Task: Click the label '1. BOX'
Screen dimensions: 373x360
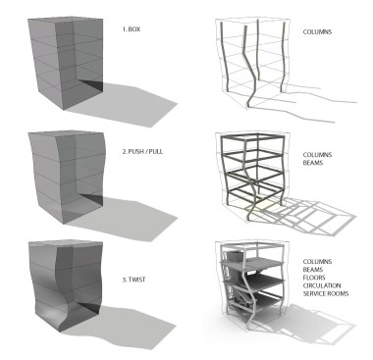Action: (132, 29)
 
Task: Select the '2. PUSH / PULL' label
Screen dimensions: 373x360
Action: (142, 152)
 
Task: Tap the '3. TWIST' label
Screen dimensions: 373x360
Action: (133, 280)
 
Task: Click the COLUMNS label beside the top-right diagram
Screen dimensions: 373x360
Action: (317, 32)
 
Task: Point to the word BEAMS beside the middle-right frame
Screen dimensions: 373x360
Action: (313, 163)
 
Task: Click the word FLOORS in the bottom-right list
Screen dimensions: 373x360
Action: (314, 278)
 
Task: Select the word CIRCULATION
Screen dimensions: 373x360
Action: (322, 285)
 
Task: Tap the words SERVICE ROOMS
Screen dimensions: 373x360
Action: (326, 293)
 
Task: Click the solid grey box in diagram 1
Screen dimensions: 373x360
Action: (65, 62)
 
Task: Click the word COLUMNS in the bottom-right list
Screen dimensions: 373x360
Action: (317, 262)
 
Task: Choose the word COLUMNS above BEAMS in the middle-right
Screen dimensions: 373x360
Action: (317, 155)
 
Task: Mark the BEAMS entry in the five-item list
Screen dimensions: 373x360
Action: (313, 270)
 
